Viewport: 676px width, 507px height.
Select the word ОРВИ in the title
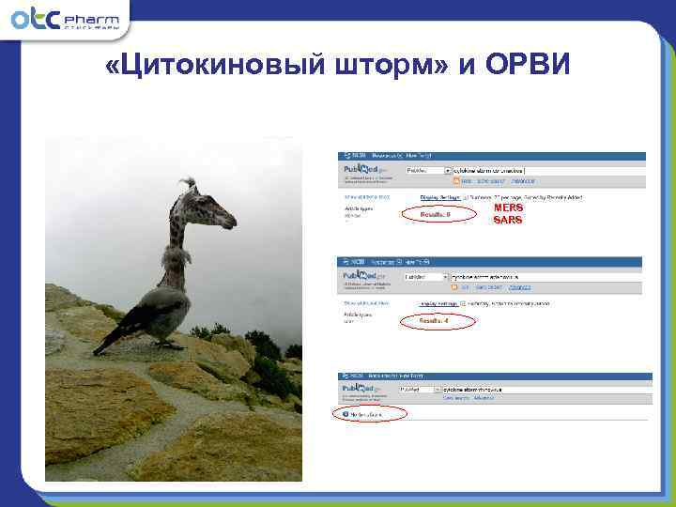(533, 69)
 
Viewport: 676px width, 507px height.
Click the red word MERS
(508, 207)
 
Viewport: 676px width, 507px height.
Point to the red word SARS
(508, 220)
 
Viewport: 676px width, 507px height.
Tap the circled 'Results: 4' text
(434, 321)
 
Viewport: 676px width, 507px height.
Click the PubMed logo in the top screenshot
(361, 171)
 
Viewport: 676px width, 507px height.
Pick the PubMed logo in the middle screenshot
(361, 277)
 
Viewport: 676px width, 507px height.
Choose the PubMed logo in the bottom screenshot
(361, 388)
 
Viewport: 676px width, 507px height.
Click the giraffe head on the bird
(212, 211)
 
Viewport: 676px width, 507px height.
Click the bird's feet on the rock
(169, 346)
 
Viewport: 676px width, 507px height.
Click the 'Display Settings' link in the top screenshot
(440, 198)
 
